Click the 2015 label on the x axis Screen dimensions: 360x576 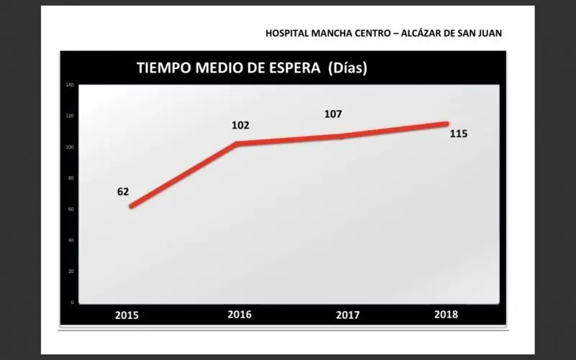pyautogui.click(x=127, y=315)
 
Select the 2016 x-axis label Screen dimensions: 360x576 pyautogui.click(x=240, y=314)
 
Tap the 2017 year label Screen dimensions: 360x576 pyautogui.click(x=348, y=315)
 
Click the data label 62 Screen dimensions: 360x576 pyautogui.click(x=123, y=192)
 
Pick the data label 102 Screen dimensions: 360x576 pyautogui.click(x=240, y=125)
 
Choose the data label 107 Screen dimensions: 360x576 pyautogui.click(x=333, y=114)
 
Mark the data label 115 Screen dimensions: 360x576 pyautogui.click(x=459, y=133)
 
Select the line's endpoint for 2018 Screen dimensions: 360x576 pyautogui.click(x=446, y=124)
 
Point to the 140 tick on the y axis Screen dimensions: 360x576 pyautogui.click(x=70, y=86)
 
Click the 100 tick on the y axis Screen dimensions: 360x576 pyautogui.click(x=70, y=148)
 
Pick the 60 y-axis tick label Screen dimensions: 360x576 pyautogui.click(x=71, y=210)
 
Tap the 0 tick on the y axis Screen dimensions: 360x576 pyautogui.click(x=72, y=302)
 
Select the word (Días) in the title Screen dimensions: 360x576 pyautogui.click(x=348, y=69)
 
